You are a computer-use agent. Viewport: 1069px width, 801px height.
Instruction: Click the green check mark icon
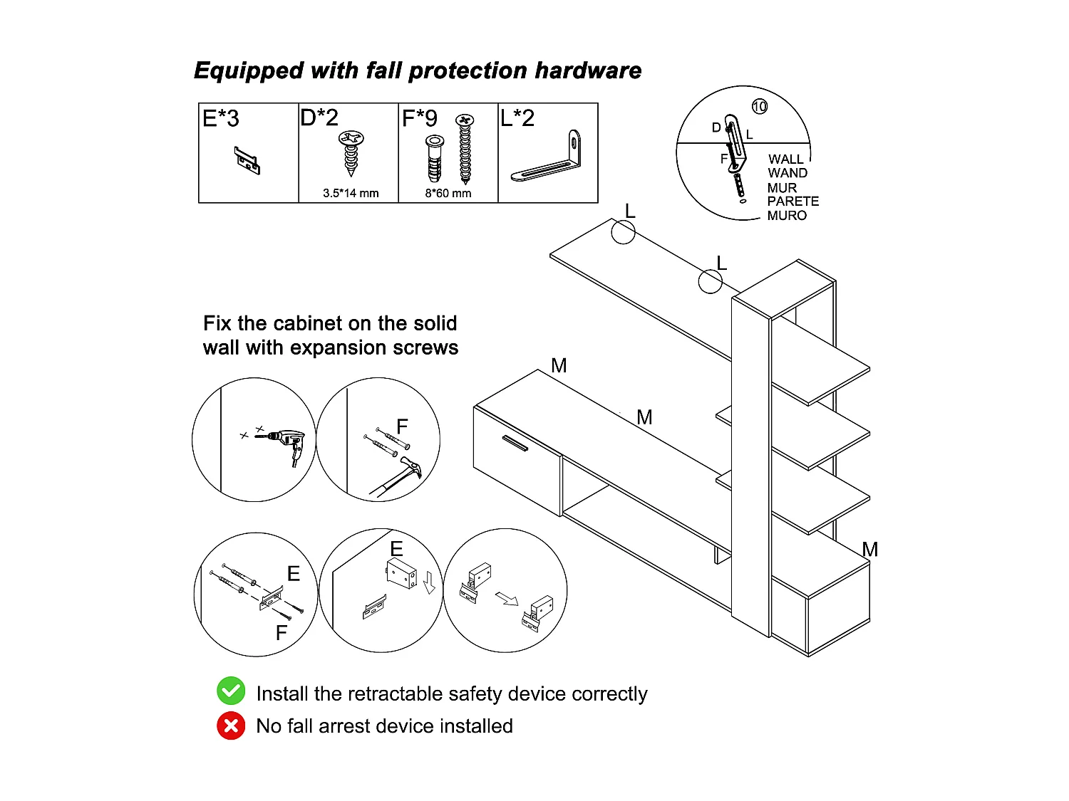coord(231,691)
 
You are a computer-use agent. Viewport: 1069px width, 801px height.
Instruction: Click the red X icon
coord(231,726)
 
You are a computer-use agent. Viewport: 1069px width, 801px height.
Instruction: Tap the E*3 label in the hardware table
coord(221,118)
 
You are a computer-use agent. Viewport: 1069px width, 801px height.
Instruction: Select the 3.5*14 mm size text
coord(351,193)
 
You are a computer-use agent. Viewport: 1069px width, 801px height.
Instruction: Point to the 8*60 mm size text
coord(448,193)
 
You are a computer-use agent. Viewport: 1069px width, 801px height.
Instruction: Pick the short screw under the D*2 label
coord(351,152)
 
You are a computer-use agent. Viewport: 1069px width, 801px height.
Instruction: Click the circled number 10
coord(760,107)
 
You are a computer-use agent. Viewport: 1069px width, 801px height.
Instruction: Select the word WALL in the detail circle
coord(785,159)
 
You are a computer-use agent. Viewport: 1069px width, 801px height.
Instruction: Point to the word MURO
coord(787,216)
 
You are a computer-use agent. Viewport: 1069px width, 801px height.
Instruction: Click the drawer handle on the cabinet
coord(515,443)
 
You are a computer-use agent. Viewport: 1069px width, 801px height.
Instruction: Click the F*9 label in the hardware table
coord(420,118)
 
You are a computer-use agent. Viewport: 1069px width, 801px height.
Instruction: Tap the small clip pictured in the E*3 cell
coord(247,160)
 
